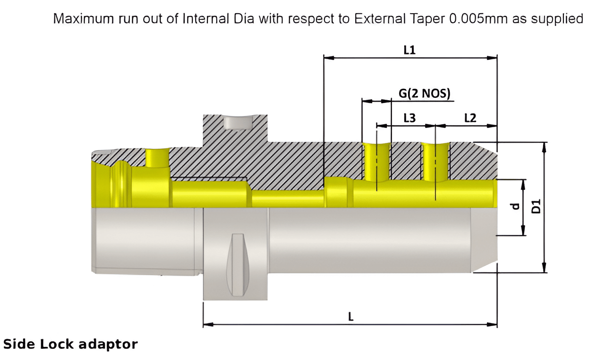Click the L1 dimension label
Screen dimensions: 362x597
409,50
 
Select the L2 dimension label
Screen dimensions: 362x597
470,118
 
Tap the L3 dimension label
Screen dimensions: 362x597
409,118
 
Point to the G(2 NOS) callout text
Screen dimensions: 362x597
425,93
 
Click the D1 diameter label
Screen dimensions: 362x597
536,207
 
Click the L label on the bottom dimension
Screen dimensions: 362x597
350,317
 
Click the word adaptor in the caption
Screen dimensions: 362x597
113,345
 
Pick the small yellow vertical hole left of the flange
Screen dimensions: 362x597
157,158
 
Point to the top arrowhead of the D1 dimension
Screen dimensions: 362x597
544,146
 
